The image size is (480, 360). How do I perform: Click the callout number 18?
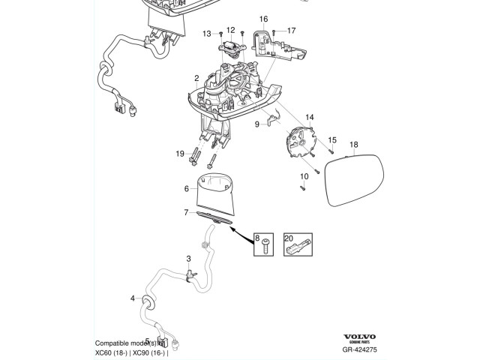354,145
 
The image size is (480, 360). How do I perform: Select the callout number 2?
196,79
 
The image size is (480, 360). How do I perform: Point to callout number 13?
206,34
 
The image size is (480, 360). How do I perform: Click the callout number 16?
263,18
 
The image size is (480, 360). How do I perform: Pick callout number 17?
291,31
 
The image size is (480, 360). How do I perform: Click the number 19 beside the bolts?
180,154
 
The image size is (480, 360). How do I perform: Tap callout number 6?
187,188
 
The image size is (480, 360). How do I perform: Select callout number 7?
187,213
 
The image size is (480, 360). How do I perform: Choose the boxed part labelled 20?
298,245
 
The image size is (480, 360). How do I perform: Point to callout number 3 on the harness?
189,258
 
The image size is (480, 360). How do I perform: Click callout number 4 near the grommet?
133,298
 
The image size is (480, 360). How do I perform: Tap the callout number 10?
304,177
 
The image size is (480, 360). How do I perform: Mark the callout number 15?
333,139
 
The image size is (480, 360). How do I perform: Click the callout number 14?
310,118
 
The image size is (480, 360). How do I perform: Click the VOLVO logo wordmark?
360,337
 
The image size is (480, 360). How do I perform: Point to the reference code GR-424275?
360,349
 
